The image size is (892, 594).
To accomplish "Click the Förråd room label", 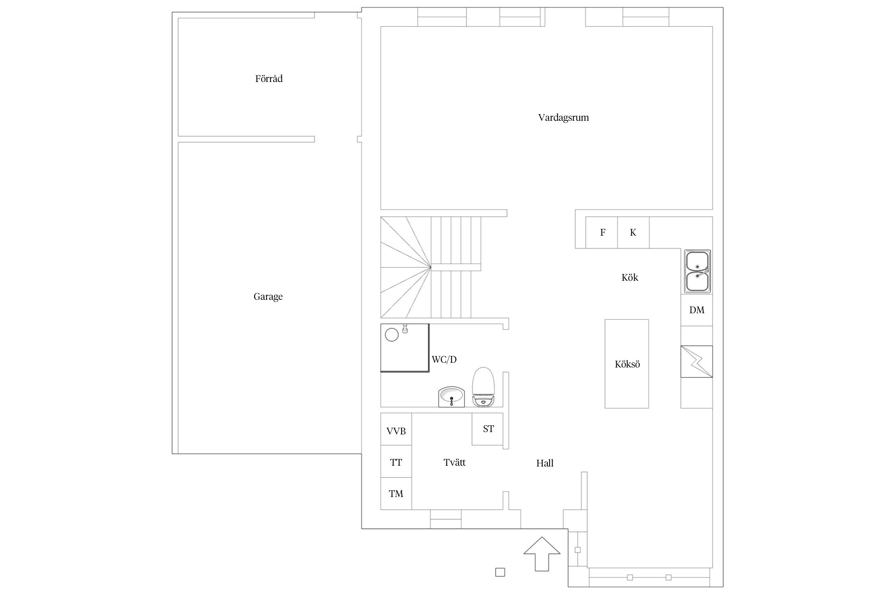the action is click(x=269, y=78).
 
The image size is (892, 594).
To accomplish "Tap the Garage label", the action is click(x=268, y=297).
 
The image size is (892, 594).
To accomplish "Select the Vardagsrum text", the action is click(x=563, y=118).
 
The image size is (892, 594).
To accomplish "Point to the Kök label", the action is click(x=630, y=277).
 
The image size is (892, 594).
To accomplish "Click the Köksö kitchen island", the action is click(x=626, y=364).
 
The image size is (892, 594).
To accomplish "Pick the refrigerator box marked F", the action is click(x=601, y=232).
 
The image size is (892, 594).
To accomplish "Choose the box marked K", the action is click(x=633, y=232).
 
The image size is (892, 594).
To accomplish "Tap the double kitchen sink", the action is click(x=697, y=272).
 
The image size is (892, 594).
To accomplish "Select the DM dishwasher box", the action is click(x=697, y=310).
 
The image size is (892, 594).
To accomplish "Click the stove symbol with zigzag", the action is click(x=697, y=362).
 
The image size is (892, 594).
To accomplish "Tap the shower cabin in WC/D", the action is click(x=405, y=348).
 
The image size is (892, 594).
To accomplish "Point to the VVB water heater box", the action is click(x=396, y=429).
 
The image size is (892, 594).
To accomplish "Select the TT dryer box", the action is click(x=396, y=461).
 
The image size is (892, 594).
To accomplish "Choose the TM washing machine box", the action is click(x=396, y=493).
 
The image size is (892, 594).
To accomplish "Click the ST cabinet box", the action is click(x=488, y=429).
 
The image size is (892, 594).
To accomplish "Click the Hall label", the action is click(x=545, y=463).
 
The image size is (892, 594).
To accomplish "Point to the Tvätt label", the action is click(x=454, y=462).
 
